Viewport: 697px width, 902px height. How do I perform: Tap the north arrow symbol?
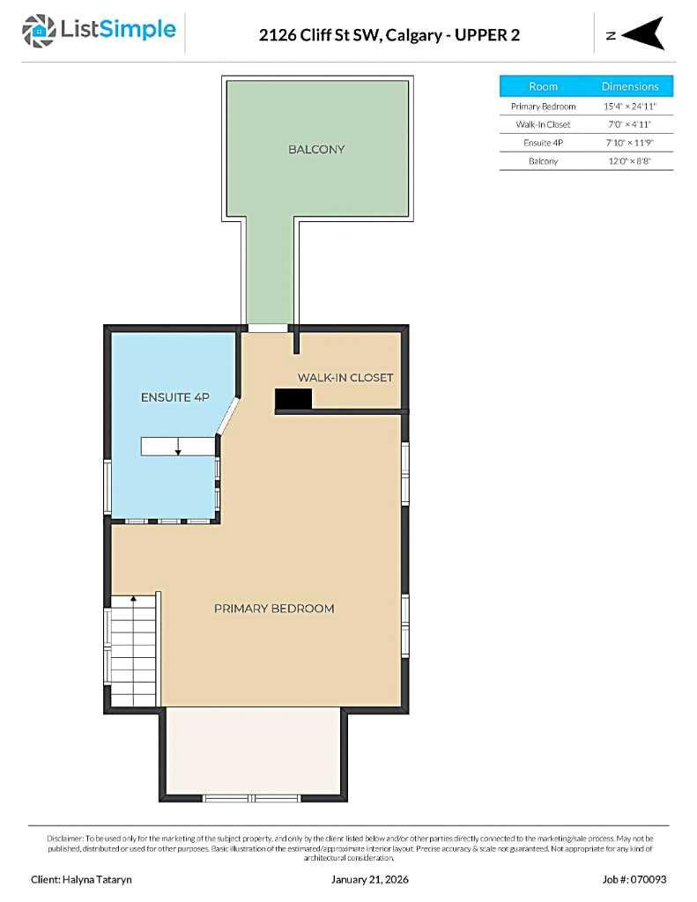pos(644,34)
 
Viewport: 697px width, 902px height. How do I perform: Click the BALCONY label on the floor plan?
pos(316,150)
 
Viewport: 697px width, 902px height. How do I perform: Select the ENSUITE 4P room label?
pos(174,397)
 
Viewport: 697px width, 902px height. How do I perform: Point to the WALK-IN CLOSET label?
pos(345,378)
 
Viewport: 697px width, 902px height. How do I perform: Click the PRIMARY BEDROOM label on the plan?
pos(274,609)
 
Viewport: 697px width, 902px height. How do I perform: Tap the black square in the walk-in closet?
pos(293,400)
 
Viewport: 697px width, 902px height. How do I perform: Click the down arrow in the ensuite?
pos(178,448)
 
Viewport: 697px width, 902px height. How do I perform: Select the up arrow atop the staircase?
pos(133,599)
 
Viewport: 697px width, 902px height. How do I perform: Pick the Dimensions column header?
pos(630,86)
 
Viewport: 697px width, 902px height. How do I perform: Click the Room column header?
pos(543,86)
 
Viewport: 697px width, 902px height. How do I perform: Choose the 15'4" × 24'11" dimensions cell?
pos(630,106)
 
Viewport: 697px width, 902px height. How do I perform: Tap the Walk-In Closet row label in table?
pos(543,124)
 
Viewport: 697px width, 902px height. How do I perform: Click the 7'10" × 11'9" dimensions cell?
pos(630,143)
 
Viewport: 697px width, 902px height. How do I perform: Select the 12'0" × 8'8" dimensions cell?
pos(630,161)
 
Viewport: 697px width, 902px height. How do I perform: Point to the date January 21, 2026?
pos(369,879)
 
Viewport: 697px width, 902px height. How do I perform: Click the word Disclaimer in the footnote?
pos(65,838)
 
